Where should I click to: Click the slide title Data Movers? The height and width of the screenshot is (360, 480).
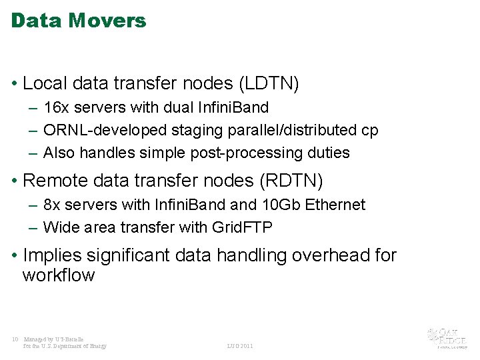(79, 21)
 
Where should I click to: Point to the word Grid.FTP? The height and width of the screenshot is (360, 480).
(242, 227)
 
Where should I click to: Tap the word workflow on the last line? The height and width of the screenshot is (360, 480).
(59, 275)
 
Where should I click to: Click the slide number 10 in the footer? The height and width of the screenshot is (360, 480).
(15, 339)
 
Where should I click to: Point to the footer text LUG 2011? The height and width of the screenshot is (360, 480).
(240, 346)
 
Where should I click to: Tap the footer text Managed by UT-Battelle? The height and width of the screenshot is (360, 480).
(54, 339)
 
